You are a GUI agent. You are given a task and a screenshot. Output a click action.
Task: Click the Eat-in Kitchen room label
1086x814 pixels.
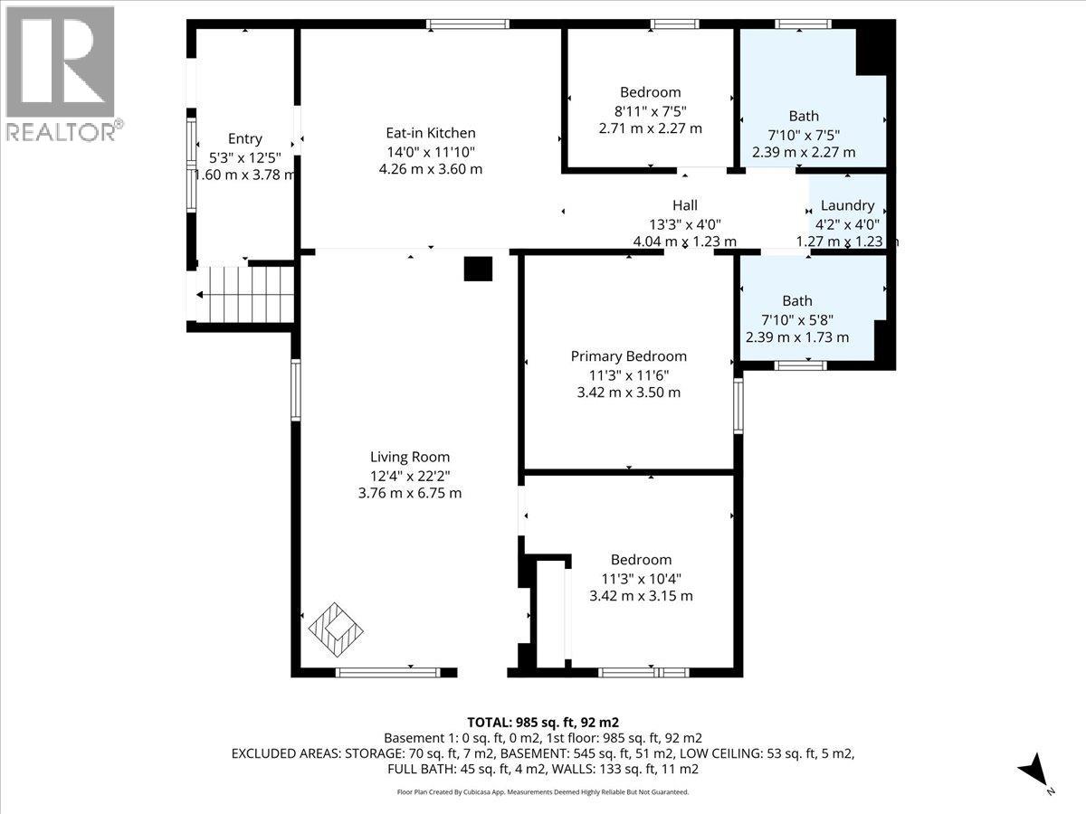coord(430,133)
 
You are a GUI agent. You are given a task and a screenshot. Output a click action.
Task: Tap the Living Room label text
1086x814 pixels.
coord(410,458)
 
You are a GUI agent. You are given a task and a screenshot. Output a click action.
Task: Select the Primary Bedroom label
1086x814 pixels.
coord(628,356)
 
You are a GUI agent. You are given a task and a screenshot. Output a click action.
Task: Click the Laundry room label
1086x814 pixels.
coord(847,205)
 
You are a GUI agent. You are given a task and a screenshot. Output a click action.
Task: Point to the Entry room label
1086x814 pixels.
coord(244,138)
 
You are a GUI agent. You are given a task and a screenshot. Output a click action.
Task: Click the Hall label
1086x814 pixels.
coord(684,205)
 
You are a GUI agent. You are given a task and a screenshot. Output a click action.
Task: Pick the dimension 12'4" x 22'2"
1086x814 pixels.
coord(410,476)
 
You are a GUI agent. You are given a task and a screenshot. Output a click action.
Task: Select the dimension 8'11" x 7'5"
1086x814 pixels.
coord(650,110)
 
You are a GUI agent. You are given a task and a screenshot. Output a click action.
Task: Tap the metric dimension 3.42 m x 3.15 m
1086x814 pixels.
coord(641,596)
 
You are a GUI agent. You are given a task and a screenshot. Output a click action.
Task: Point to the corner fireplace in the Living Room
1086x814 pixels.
coord(336,629)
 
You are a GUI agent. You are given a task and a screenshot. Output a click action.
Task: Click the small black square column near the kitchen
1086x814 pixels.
coord(478,270)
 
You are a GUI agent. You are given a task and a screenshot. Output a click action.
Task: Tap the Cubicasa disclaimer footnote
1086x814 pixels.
coord(543,791)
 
